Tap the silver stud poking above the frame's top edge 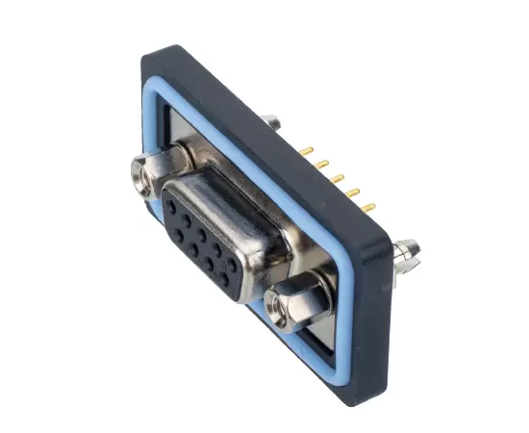coord(274,122)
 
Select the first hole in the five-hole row coord(171,204)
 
